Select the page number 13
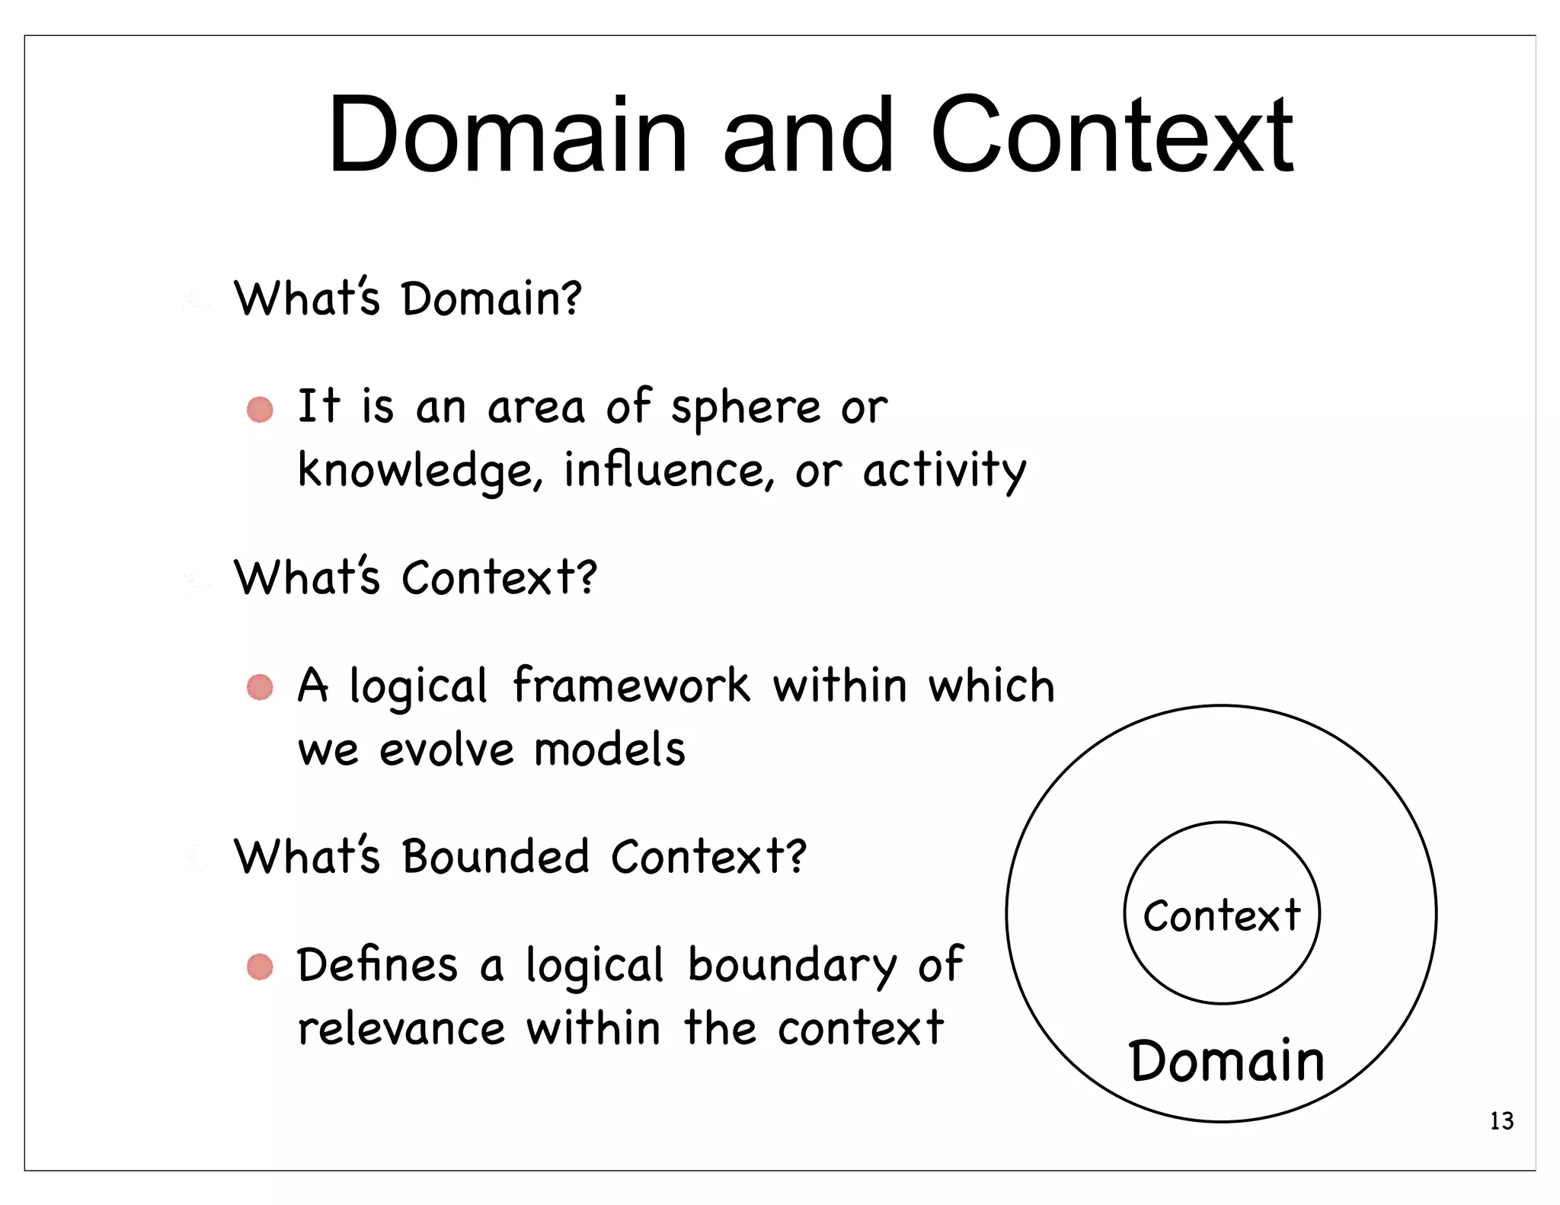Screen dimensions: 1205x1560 pyautogui.click(x=1501, y=1121)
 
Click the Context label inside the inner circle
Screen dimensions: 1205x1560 pyautogui.click(x=1222, y=915)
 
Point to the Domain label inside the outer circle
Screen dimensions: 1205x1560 pyautogui.click(x=1226, y=1060)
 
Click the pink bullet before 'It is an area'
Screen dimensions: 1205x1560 pyautogui.click(x=260, y=410)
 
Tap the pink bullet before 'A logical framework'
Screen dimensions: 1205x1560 pyautogui.click(x=260, y=687)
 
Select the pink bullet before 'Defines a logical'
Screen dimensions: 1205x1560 pyautogui.click(x=260, y=967)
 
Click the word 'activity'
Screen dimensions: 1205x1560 pyautogui.click(x=945, y=471)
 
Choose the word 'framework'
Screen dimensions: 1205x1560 pyautogui.click(x=631, y=686)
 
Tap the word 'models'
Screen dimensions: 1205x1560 pyautogui.click(x=609, y=750)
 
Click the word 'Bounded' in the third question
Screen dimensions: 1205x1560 pyautogui.click(x=496, y=857)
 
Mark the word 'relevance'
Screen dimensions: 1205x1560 pyautogui.click(x=401, y=1029)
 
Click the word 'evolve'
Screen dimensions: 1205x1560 pyautogui.click(x=447, y=750)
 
